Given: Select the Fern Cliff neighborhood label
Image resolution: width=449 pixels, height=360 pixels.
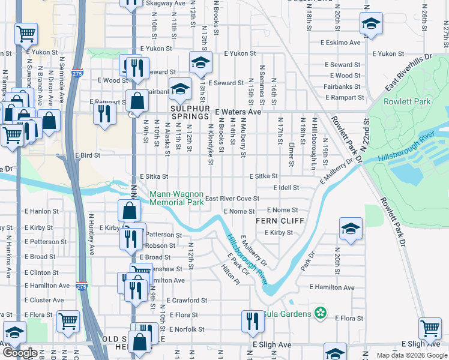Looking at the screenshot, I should click(277, 221).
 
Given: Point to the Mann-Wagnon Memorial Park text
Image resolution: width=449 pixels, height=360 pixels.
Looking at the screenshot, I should click(176, 198).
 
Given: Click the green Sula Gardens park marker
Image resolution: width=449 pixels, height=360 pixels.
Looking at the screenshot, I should click(321, 313).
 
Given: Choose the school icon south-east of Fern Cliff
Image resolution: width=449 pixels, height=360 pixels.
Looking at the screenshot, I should click(351, 229).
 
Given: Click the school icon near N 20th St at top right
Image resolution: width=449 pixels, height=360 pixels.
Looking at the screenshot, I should click(371, 25).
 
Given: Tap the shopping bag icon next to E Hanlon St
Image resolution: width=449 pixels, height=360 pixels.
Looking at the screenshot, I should click(129, 210).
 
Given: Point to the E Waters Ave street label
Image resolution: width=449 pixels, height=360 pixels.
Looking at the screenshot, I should click(238, 112).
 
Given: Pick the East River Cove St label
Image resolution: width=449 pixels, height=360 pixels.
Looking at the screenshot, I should click(232, 199).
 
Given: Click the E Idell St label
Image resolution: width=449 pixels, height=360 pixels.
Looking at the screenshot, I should click(286, 188).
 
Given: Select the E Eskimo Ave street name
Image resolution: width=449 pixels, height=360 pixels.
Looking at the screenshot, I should click(340, 43).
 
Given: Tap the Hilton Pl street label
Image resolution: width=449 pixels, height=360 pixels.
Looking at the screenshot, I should click(230, 277).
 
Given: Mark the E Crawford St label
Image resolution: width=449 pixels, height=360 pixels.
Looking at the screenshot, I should click(187, 300).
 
